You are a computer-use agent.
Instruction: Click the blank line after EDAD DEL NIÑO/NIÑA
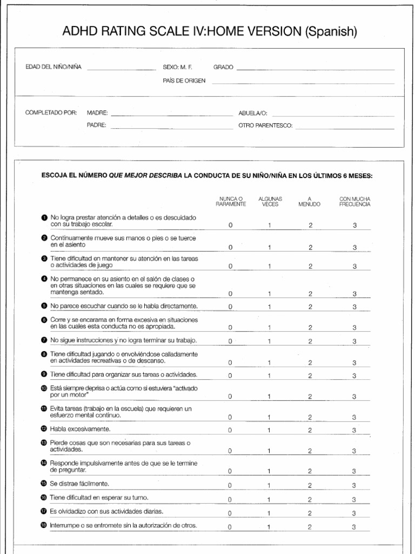(x=121, y=69)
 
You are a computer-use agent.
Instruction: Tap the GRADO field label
(x=223, y=68)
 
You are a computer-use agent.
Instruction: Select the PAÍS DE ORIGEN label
(x=184, y=81)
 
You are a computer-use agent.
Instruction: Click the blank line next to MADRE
(x=171, y=115)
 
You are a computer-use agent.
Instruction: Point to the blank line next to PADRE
(x=171, y=128)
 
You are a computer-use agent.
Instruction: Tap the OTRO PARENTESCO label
(x=262, y=125)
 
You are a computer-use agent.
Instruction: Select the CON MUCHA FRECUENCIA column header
(x=354, y=202)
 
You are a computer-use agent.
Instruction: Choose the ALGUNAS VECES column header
(x=270, y=202)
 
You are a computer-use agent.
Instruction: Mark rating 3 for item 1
(x=354, y=226)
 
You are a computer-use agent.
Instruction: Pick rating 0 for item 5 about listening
(x=231, y=307)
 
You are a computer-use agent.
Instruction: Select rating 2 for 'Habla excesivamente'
(x=310, y=430)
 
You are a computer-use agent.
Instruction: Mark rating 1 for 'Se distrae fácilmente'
(x=269, y=485)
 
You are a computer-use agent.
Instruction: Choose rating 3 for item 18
(x=354, y=526)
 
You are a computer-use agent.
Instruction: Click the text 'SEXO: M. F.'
(x=177, y=68)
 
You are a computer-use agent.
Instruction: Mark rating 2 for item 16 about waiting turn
(x=310, y=499)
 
